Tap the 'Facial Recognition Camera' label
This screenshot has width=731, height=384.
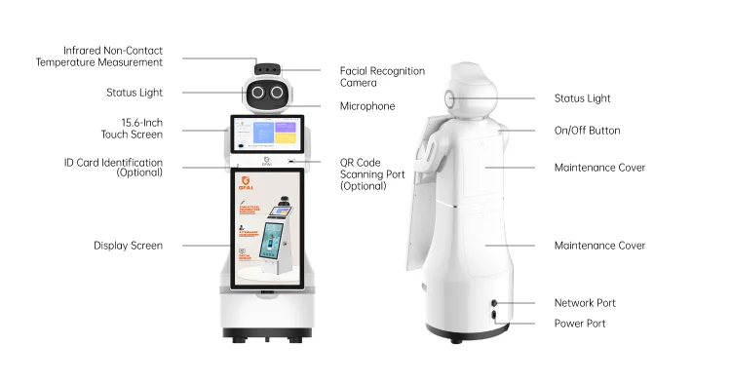click(382, 77)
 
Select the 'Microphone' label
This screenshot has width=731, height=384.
click(367, 106)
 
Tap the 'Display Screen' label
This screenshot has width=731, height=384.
click(128, 246)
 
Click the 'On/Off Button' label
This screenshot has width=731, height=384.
click(587, 131)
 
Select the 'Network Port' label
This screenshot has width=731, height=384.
click(585, 303)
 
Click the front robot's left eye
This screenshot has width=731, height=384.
click(258, 93)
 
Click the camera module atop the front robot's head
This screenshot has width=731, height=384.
click(268, 69)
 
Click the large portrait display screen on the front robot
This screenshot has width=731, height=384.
click(267, 227)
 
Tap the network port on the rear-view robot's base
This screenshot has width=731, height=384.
click(494, 303)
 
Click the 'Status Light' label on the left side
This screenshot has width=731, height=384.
click(135, 93)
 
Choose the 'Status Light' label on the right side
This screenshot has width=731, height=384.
click(582, 98)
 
